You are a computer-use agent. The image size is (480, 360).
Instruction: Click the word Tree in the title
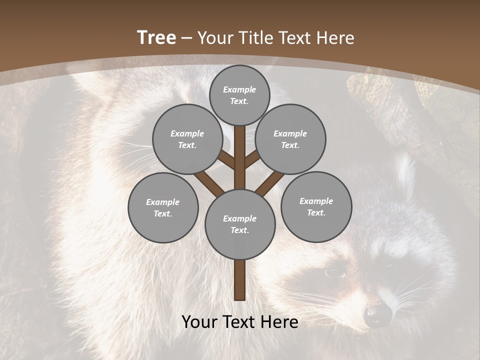coord(156,38)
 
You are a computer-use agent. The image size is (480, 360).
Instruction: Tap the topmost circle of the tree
coord(239,95)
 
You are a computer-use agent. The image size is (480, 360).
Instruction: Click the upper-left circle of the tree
coord(187,139)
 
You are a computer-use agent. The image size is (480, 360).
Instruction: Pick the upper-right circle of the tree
coord(290,139)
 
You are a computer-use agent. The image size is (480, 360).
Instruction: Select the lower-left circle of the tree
coord(163,207)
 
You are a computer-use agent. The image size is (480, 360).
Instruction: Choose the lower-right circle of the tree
coord(316,206)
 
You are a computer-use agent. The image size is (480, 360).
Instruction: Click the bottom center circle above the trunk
coord(240,224)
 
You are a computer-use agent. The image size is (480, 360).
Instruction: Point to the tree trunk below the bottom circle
coord(240,280)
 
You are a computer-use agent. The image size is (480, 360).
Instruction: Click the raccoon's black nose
coord(378,314)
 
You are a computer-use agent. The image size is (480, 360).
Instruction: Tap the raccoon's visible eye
coord(334,272)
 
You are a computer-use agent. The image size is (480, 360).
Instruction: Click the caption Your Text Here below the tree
coord(240,322)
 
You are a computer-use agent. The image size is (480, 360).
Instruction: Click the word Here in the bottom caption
coord(279,322)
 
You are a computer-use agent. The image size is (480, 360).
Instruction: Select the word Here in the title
coord(335,38)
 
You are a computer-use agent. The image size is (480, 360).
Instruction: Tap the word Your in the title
coord(215,38)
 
